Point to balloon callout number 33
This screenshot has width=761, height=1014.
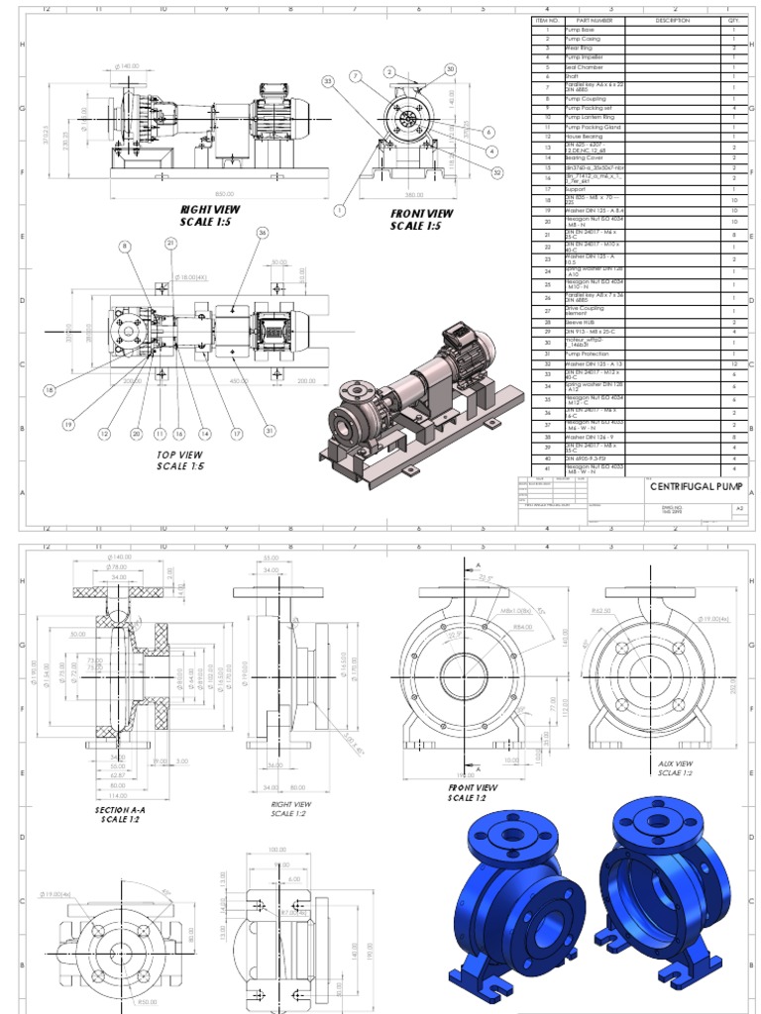click(x=328, y=81)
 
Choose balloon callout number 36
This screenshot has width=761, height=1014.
click(x=263, y=232)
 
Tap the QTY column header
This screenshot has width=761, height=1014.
click(x=733, y=20)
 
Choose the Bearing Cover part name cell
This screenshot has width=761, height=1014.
click(x=585, y=157)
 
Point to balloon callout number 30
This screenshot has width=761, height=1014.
click(x=450, y=68)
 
